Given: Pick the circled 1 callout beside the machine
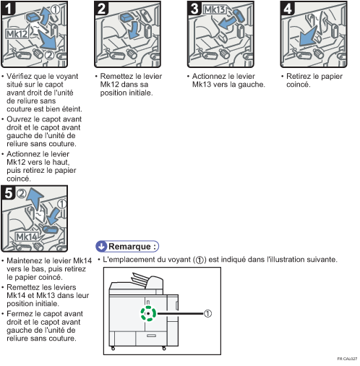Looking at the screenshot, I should [207, 314].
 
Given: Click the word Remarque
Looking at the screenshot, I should [133, 245].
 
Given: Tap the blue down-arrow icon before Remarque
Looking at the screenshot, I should [101, 245].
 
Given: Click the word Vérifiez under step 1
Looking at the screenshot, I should [22, 76].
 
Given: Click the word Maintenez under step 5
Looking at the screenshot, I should [26, 260].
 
